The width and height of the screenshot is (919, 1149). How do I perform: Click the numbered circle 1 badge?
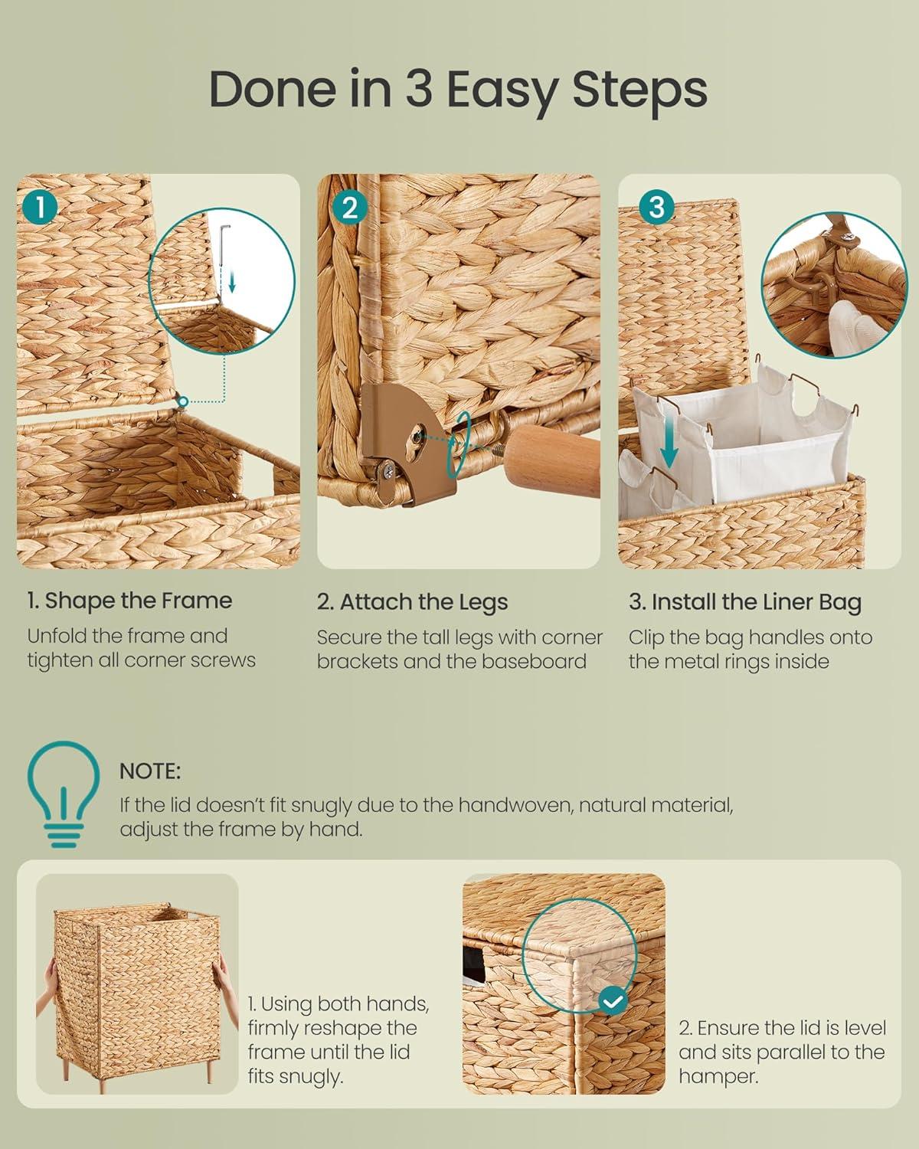pos(41,208)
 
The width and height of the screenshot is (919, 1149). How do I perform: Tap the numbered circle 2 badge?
pos(350,208)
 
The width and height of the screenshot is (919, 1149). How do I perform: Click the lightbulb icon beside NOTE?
pos(64,794)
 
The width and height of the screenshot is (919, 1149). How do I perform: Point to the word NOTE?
pos(150,771)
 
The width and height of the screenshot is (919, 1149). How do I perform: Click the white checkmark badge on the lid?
pos(613,1001)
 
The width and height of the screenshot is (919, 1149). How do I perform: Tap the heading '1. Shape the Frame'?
pos(129,601)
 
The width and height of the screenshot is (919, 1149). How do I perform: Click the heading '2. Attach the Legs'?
pos(412,602)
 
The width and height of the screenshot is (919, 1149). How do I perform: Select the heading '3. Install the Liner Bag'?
pos(745,602)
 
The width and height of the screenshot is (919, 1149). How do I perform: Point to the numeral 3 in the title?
pos(418,88)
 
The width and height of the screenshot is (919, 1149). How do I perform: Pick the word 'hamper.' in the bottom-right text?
pos(718,1076)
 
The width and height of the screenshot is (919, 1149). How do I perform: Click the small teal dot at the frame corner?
pos(183,401)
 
